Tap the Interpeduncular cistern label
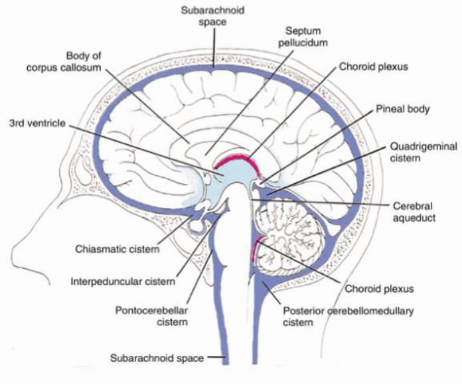(x=123, y=281)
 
